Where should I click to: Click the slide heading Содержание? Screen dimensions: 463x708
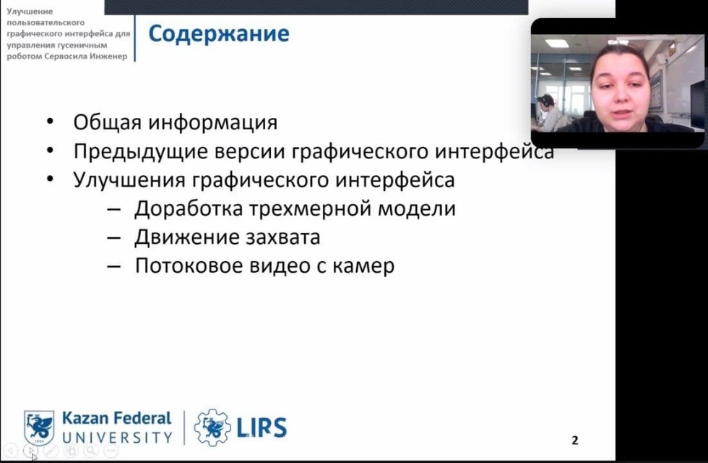[219, 34]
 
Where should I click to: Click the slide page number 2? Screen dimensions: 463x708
[575, 440]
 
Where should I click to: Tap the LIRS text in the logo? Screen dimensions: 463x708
[262, 428]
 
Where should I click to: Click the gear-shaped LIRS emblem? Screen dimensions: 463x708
[212, 427]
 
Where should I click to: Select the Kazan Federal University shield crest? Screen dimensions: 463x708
[39, 428]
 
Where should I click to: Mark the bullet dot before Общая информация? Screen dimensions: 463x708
[50, 122]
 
